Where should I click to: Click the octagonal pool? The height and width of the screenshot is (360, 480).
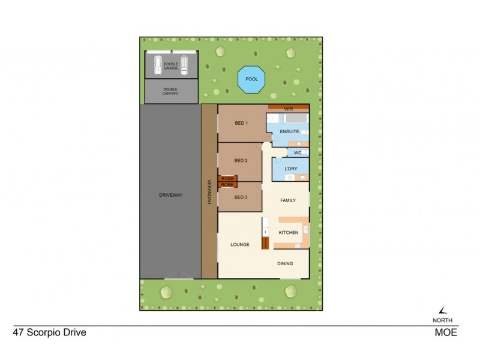[251, 79]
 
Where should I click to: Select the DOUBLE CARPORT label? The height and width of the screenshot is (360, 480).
[171, 91]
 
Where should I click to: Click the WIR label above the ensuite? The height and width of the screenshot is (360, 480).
[288, 109]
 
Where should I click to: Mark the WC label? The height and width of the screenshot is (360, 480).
[298, 153]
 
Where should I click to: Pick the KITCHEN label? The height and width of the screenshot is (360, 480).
[289, 232]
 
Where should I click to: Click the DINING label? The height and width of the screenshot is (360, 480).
[286, 263]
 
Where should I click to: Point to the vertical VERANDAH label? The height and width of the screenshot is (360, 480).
[209, 192]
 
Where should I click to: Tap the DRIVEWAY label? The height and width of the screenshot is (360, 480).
[170, 195]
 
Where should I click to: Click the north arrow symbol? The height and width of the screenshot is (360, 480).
[443, 310]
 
